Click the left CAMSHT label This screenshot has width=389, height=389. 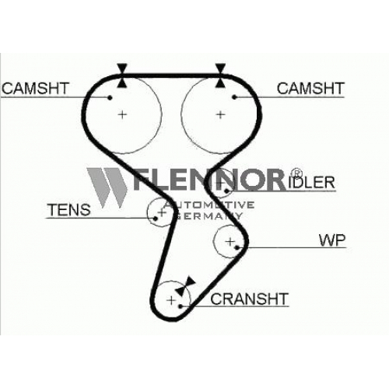click(x=35, y=88)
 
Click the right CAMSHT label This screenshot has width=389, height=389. click(x=310, y=88)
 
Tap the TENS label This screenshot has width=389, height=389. click(x=69, y=209)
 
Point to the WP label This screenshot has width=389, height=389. click(x=332, y=240)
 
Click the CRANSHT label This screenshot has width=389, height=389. click(x=249, y=299)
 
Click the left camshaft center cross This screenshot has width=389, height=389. click(x=122, y=114)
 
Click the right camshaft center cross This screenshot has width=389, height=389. click(x=220, y=114)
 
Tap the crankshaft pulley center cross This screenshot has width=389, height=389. click(x=171, y=300)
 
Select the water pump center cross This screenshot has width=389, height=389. click(x=230, y=242)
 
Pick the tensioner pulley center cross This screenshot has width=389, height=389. click(x=163, y=212)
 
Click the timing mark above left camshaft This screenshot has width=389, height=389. click(x=122, y=75)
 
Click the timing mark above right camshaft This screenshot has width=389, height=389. click(x=220, y=75)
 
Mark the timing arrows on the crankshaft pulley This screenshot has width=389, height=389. click(x=185, y=286)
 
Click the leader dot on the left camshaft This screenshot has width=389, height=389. click(x=110, y=97)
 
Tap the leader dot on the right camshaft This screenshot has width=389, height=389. click(x=234, y=97)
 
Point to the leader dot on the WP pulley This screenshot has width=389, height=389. click(x=237, y=247)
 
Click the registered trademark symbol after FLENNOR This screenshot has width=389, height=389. click(x=296, y=172)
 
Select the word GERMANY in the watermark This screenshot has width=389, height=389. click(x=209, y=216)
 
